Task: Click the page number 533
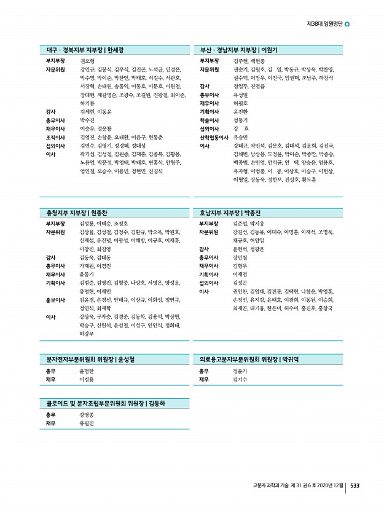[355, 485]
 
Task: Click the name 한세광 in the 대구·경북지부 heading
[116, 49]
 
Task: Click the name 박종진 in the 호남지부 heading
[254, 213]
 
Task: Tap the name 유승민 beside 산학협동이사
[240, 138]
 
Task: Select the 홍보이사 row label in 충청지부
[56, 300]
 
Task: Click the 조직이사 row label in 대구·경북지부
[56, 138]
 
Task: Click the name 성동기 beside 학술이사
[240, 120]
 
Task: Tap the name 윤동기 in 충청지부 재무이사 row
[87, 274]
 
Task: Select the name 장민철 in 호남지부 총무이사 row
[240, 257]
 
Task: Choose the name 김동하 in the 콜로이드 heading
[157, 403]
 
